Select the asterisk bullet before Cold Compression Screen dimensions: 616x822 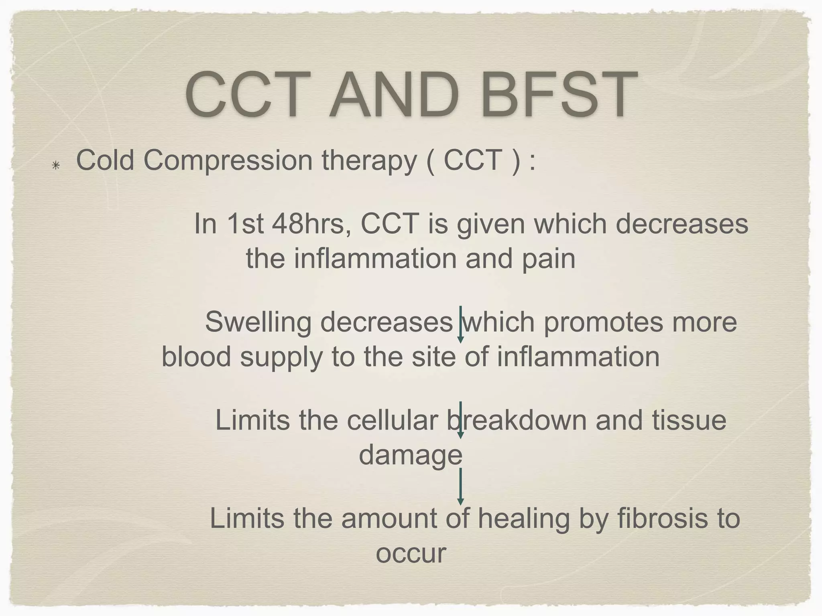pyautogui.click(x=56, y=165)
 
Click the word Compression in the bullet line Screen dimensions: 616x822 pyautogui.click(x=228, y=160)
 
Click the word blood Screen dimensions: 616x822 pyautogui.click(x=196, y=357)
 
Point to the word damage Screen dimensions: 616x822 pyautogui.click(x=410, y=455)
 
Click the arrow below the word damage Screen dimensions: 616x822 pyautogui.click(x=460, y=486)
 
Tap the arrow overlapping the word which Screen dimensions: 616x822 pyautogui.click(x=460, y=324)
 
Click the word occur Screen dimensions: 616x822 pyautogui.click(x=411, y=553)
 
